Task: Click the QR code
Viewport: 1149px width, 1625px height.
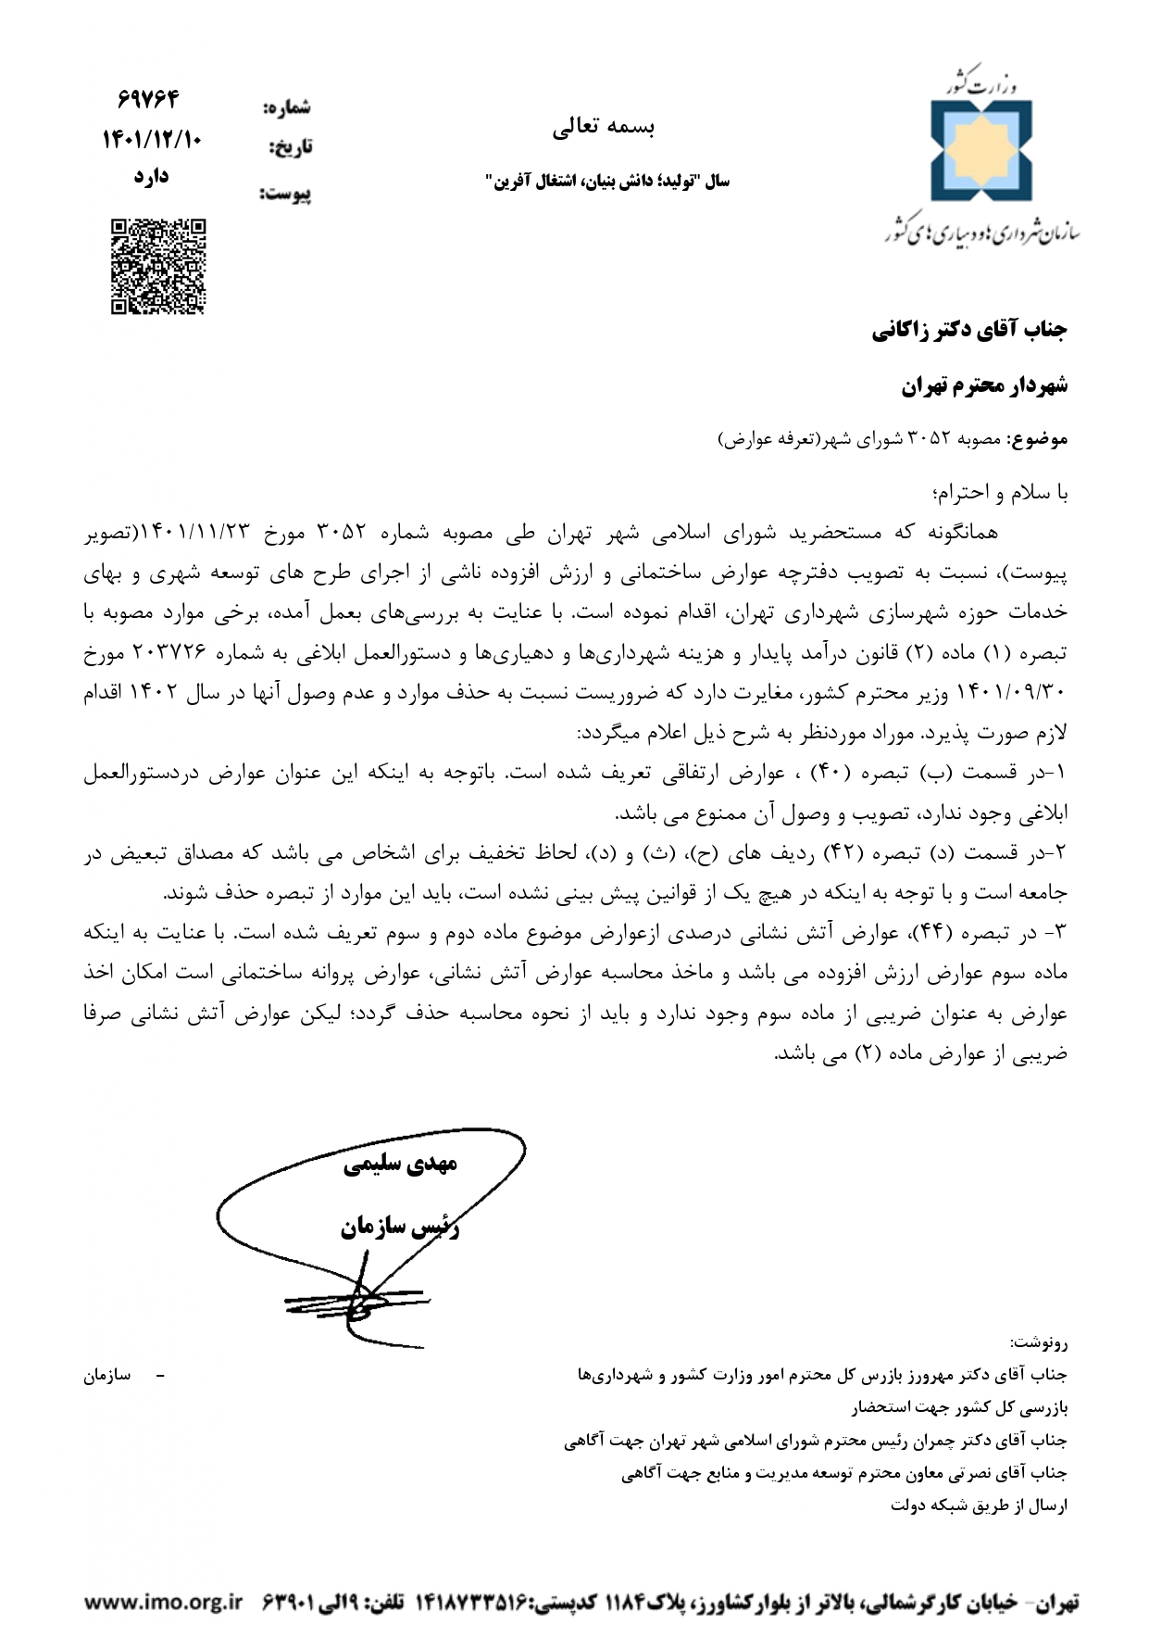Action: (158, 267)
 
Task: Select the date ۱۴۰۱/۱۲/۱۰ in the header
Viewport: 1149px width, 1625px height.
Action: (151, 140)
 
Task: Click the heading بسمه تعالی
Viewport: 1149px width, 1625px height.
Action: (603, 129)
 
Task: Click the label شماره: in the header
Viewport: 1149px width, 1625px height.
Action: (287, 108)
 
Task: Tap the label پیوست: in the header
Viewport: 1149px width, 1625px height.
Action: (285, 195)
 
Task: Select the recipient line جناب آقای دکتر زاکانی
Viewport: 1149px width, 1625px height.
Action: (969, 330)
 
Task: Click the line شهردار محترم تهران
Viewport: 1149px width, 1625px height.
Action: (985, 385)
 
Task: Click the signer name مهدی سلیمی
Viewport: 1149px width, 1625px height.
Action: (400, 1165)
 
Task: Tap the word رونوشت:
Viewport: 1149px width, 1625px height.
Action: (1039, 1342)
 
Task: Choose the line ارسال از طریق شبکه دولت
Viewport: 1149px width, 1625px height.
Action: (980, 1505)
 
